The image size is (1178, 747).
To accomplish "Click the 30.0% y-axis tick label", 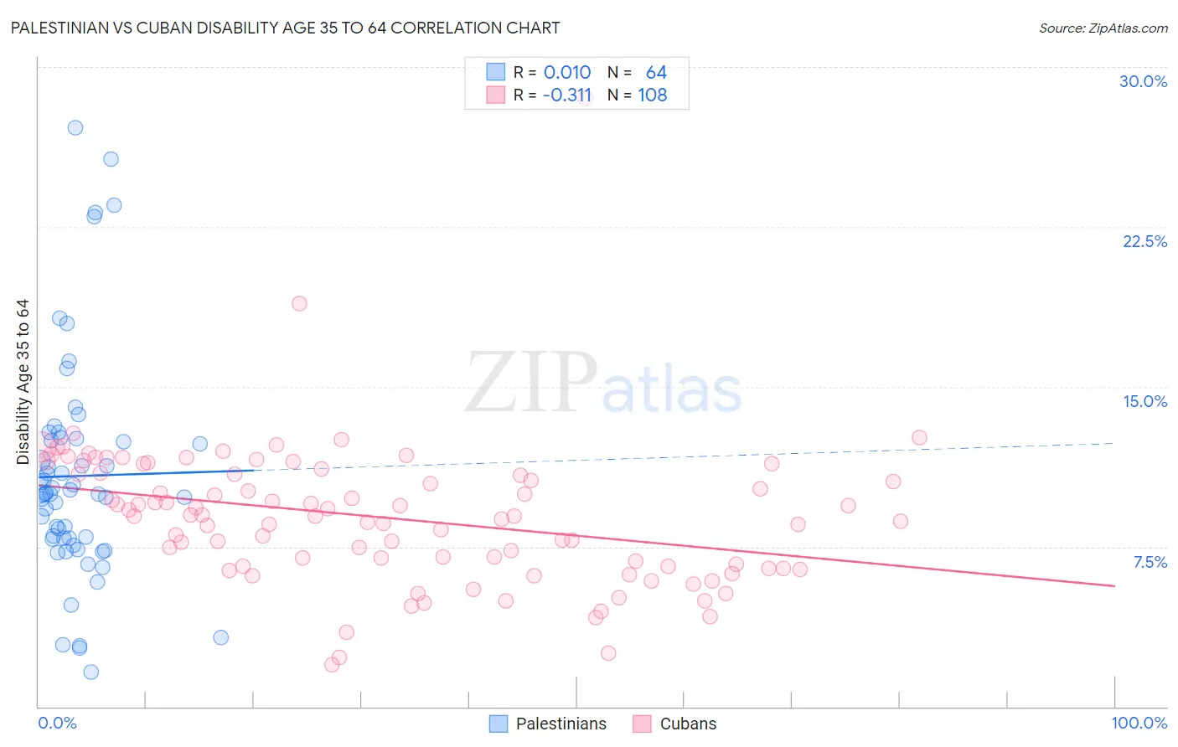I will click(x=1143, y=81).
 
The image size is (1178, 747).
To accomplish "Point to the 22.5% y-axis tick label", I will click(x=1144, y=241).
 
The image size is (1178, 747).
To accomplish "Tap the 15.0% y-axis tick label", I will click(x=1144, y=401).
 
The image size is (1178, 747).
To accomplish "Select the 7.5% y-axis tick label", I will click(x=1150, y=562).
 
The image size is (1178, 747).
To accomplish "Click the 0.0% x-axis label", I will click(x=57, y=723).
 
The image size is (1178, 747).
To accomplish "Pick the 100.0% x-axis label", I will click(x=1139, y=723).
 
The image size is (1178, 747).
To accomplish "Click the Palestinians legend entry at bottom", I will click(x=561, y=724).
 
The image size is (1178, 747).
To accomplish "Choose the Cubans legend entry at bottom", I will click(x=688, y=724).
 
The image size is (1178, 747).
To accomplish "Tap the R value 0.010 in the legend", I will click(x=567, y=72).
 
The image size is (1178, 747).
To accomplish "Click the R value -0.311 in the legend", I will click(x=567, y=95).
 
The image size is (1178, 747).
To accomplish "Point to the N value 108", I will click(x=653, y=95).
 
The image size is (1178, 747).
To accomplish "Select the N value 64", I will click(x=656, y=72).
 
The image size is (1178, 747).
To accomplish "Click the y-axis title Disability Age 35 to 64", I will click(x=23, y=382).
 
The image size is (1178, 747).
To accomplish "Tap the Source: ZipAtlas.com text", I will click(x=1103, y=28).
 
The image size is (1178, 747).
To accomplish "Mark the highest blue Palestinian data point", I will click(x=75, y=127).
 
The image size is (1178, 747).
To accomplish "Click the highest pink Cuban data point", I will click(x=299, y=303).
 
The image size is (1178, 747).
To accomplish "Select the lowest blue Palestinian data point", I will click(x=91, y=672).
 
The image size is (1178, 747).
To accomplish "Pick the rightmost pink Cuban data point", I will click(x=919, y=437).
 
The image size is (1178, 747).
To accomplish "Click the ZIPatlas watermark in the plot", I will click(x=603, y=383).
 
